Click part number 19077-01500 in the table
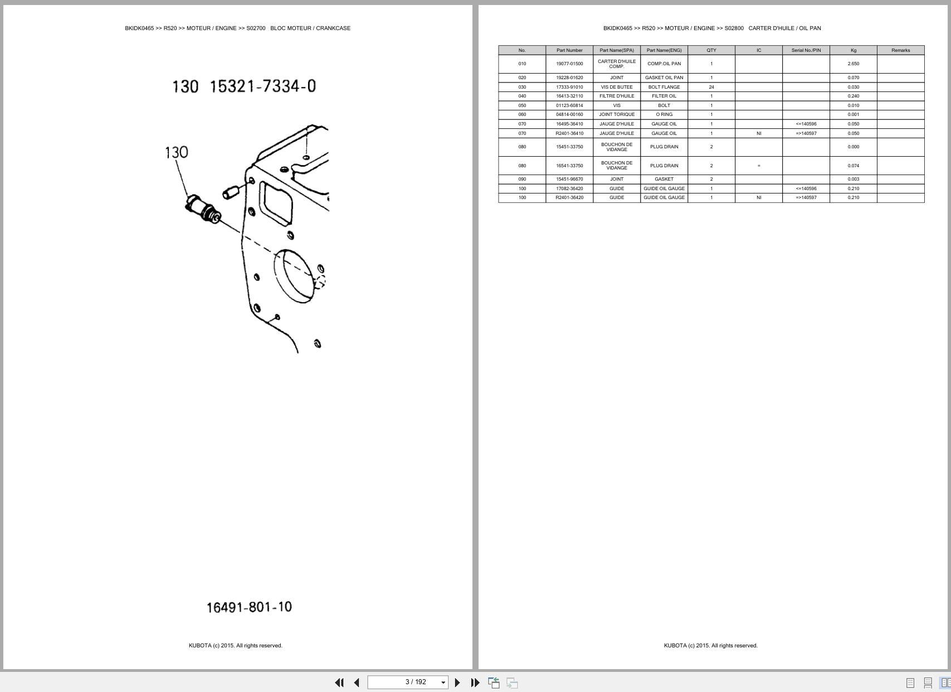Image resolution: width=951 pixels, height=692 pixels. tap(569, 64)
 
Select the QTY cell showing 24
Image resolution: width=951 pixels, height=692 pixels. tap(711, 87)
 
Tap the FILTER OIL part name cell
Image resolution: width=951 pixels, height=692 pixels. tap(664, 96)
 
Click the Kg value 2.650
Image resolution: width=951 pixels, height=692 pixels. tap(853, 64)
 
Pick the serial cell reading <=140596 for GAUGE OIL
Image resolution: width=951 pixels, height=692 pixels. tap(806, 124)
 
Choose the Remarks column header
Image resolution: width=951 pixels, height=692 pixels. tap(900, 50)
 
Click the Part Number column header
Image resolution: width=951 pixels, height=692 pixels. tap(569, 50)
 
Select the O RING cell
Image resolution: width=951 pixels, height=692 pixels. tap(664, 114)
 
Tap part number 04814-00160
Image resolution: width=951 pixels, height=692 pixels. tap(569, 114)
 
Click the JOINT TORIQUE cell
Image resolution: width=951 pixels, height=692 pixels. tap(617, 114)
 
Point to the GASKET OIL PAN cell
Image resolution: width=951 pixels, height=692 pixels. tap(664, 78)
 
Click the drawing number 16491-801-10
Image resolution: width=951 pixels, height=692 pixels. tap(249, 607)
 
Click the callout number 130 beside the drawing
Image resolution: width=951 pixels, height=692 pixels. tap(177, 152)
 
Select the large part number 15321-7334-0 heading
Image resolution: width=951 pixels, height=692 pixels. tap(262, 86)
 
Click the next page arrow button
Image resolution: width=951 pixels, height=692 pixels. tap(457, 683)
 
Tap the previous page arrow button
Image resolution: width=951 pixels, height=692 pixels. tap(357, 683)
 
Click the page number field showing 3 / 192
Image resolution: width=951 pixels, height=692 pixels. tap(408, 683)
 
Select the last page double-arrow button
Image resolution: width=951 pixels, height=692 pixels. tap(475, 683)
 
